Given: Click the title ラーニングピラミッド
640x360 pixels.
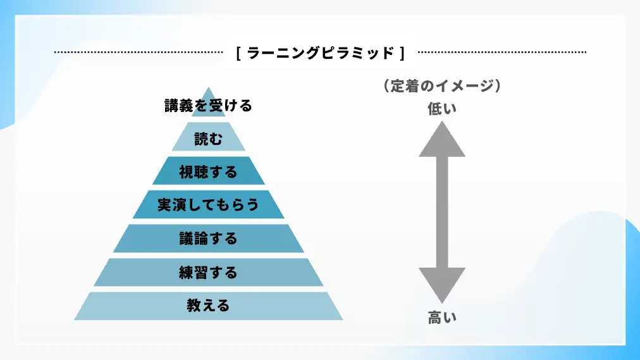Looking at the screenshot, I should point(321,53).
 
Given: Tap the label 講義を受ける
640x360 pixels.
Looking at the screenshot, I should point(208,106).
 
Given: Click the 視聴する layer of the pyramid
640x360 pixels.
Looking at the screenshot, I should point(208,171).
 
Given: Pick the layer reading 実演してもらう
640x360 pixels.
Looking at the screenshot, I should point(208,205).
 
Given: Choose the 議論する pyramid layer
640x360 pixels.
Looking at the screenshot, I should point(208,239).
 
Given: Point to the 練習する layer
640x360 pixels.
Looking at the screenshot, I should point(208,273).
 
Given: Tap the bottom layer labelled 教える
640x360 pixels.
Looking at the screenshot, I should point(208,306).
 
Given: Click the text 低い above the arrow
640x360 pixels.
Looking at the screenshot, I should point(442,109).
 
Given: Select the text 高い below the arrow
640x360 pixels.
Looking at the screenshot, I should point(442,318).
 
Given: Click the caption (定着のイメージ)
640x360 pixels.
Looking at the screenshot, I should point(442,87).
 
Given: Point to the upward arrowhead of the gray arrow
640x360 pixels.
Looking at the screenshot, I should point(442,140).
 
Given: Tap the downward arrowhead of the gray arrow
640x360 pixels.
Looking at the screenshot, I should point(442,285).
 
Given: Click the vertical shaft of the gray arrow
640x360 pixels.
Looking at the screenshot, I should point(442,212).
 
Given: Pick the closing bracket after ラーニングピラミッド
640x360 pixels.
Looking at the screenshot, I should point(402,53).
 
